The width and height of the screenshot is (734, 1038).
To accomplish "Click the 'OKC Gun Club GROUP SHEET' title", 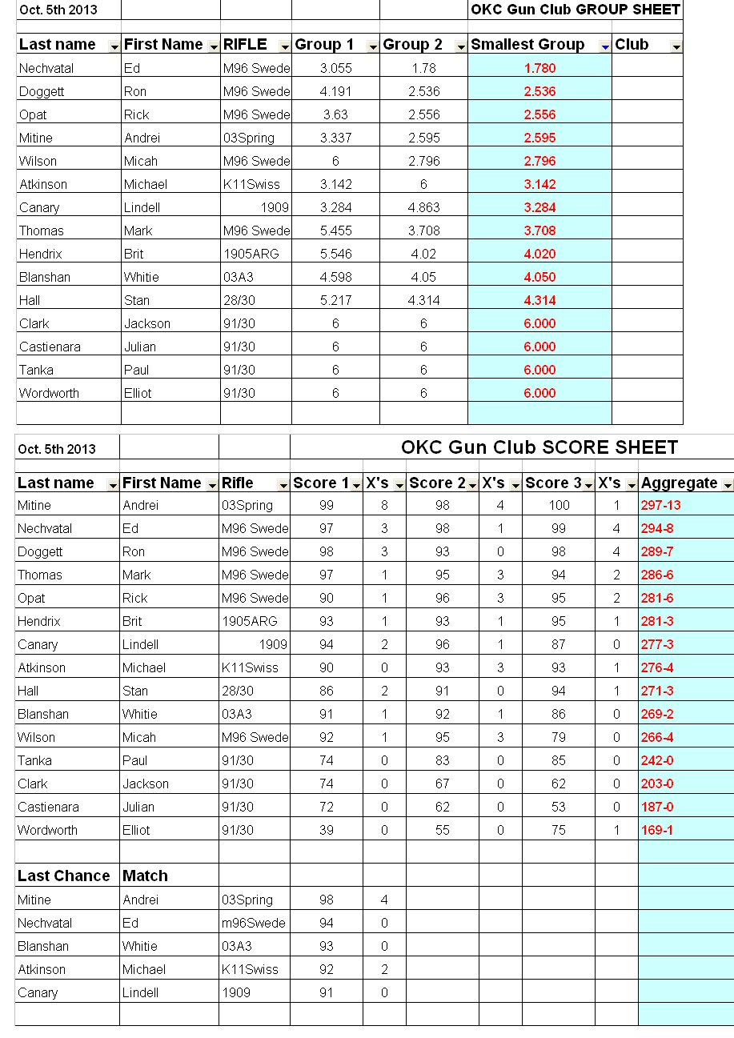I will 576,10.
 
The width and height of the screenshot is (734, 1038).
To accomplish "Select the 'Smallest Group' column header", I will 527,45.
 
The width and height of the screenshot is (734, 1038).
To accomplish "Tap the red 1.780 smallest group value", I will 539,68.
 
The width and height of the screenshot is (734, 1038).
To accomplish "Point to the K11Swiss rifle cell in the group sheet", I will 252,184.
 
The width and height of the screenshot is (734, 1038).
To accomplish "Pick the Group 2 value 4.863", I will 423,207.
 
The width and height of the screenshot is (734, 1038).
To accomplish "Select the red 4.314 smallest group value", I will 539,300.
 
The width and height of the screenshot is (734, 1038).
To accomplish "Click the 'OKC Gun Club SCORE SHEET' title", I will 539,447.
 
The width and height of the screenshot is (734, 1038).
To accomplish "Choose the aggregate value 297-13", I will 660,505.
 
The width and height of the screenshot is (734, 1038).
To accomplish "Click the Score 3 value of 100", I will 559,505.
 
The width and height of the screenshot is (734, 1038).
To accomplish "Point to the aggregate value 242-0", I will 657,760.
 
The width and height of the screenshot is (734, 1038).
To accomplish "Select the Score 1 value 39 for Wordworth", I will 326,830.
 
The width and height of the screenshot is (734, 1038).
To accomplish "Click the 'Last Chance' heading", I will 64,876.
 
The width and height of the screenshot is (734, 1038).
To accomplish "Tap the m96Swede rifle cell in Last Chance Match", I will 254,923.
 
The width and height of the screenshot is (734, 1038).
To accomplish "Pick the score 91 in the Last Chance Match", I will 326,992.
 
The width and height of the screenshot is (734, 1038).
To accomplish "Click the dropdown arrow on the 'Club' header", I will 676,47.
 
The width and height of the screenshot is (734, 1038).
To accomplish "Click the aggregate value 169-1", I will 657,830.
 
